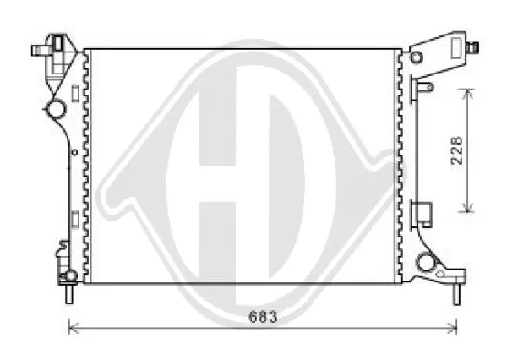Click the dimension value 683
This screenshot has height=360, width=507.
pos(263,317)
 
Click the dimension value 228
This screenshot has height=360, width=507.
pos(456,150)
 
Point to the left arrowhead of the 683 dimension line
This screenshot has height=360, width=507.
pos(74,328)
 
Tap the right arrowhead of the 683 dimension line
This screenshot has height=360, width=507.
pos(452,328)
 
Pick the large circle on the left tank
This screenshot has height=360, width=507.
pos(56,108)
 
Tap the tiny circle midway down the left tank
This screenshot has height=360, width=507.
pos(74,152)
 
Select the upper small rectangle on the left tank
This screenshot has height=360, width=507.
pos(75,93)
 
